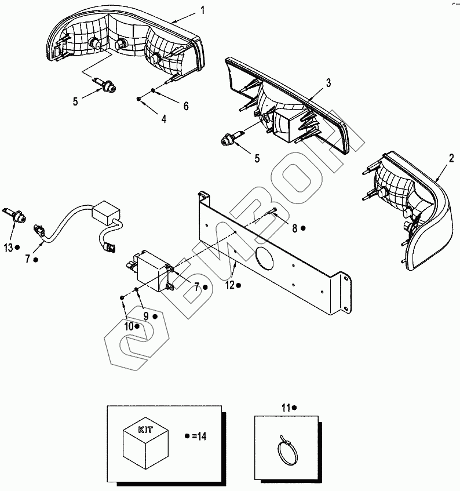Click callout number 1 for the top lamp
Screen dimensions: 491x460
pyautogui.click(x=202, y=10)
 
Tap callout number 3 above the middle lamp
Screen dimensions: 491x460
pyautogui.click(x=328, y=82)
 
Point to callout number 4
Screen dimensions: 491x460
pyautogui.click(x=164, y=119)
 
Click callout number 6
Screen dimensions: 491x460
pyautogui.click(x=186, y=106)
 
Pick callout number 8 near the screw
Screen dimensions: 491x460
pyautogui.click(x=294, y=228)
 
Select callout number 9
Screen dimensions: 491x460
pyautogui.click(x=147, y=316)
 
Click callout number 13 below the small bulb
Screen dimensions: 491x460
pyautogui.click(x=8, y=248)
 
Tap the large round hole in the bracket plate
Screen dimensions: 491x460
pyautogui.click(x=263, y=258)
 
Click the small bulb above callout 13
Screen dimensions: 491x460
pyautogui.click(x=14, y=216)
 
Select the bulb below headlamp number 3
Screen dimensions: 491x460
pyautogui.click(x=229, y=139)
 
